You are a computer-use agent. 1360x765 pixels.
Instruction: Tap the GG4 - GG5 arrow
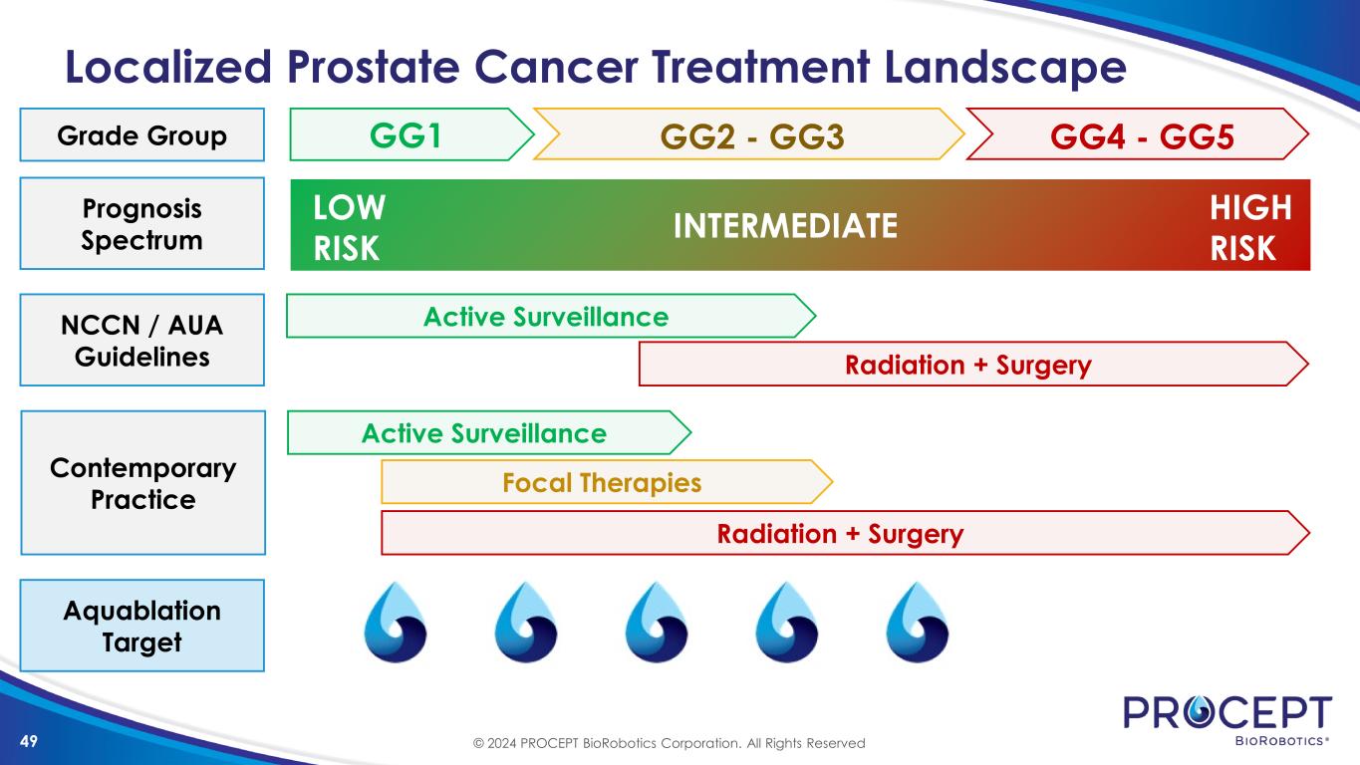(x=1136, y=134)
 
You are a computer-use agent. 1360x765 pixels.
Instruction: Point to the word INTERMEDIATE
(x=786, y=226)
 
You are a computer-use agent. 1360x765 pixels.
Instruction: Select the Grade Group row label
(x=142, y=134)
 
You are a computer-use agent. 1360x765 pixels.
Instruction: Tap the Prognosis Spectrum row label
(x=142, y=224)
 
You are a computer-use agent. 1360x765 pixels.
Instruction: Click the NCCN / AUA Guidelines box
(x=142, y=339)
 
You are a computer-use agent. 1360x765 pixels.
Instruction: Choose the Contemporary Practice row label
(x=142, y=483)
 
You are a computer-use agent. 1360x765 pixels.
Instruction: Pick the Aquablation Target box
(x=142, y=626)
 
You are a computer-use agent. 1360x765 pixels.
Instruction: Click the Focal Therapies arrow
(x=603, y=483)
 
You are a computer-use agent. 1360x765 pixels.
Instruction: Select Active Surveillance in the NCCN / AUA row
(x=546, y=317)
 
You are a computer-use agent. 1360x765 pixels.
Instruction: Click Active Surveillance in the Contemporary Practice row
(x=484, y=433)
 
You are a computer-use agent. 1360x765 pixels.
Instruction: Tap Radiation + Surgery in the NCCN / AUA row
(x=968, y=365)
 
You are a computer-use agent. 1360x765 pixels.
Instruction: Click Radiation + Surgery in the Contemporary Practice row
(x=840, y=534)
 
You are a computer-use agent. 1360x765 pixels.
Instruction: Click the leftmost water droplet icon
(x=396, y=624)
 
